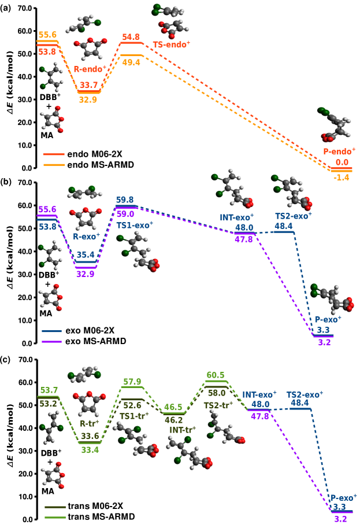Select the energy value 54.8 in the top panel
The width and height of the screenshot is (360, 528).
[x=132, y=37]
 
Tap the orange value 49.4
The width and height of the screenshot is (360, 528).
[x=132, y=61]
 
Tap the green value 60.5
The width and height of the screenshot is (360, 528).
[x=216, y=375]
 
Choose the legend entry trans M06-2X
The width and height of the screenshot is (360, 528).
[x=95, y=506]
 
